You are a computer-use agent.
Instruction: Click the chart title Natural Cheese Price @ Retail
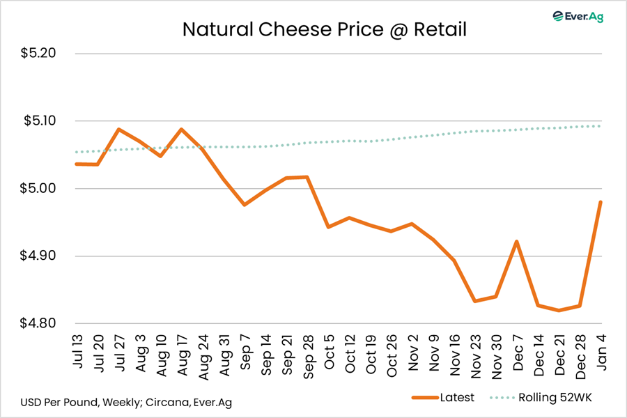click(324, 30)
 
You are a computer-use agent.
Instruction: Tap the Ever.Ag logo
click(578, 16)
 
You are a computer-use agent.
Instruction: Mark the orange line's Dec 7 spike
click(516, 242)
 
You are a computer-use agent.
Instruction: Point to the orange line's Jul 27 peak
click(119, 130)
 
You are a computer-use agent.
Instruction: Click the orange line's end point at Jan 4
click(600, 202)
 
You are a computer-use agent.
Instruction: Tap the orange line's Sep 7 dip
click(245, 205)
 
